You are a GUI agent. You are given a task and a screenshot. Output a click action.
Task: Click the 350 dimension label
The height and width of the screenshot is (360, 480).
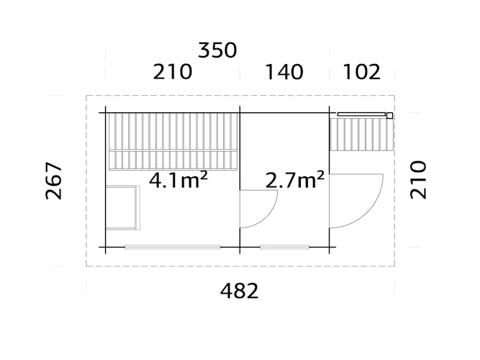point(217,50)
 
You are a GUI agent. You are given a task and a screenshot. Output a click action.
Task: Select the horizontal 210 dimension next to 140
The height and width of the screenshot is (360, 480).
point(172,73)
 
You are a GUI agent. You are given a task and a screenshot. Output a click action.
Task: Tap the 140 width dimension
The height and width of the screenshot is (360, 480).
point(284,73)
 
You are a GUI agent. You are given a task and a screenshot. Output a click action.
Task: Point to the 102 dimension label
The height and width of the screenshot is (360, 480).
point(361,73)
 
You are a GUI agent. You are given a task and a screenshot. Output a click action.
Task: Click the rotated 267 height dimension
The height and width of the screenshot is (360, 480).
point(55,181)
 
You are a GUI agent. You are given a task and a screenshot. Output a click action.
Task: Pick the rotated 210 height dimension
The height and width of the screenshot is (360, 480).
point(419,179)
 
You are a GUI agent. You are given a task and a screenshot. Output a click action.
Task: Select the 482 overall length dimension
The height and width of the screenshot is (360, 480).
point(239,291)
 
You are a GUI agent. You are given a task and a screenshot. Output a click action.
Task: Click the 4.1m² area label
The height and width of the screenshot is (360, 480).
point(178,179)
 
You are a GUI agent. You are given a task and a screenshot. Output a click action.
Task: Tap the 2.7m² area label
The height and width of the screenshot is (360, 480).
point(294,179)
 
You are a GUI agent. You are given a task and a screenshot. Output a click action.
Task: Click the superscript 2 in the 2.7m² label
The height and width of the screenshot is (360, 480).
point(319,174)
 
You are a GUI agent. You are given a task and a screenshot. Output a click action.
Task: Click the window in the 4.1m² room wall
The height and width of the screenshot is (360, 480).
point(173,247)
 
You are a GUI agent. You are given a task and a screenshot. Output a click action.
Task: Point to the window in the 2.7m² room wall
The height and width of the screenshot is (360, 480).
point(284,247)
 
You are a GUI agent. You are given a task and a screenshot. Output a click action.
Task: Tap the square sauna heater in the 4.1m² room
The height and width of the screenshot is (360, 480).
point(122,207)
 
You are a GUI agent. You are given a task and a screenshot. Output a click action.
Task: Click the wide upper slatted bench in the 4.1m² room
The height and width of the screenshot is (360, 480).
point(172,130)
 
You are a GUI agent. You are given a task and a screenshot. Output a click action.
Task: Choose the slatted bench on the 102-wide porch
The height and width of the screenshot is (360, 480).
point(361,135)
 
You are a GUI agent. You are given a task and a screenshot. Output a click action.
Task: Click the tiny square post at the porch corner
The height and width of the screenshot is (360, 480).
point(389,115)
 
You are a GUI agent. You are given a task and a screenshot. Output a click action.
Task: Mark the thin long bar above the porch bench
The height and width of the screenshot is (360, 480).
point(361,114)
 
